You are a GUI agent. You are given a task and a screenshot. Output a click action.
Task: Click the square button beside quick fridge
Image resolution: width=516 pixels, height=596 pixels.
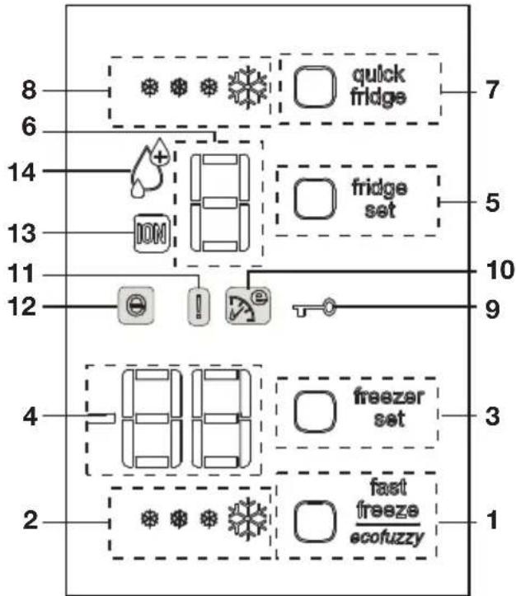click(315, 87)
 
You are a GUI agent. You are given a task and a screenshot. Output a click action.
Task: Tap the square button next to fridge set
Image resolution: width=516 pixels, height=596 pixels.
click(315, 199)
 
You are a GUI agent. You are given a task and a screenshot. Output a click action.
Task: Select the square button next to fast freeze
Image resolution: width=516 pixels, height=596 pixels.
click(315, 521)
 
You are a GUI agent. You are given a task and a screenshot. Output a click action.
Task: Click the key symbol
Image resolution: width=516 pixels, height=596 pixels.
click(314, 307)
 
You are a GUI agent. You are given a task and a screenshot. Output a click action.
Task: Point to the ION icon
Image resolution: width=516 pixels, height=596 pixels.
click(152, 233)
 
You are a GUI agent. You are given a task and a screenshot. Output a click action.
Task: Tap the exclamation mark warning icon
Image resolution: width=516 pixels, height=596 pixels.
click(199, 307)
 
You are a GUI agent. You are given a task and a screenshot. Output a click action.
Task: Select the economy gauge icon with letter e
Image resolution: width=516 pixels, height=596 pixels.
click(248, 306)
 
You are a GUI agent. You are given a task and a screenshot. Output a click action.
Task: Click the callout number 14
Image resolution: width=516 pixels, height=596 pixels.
click(22, 172)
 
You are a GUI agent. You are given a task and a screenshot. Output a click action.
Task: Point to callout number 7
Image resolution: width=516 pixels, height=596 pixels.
click(492, 90)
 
